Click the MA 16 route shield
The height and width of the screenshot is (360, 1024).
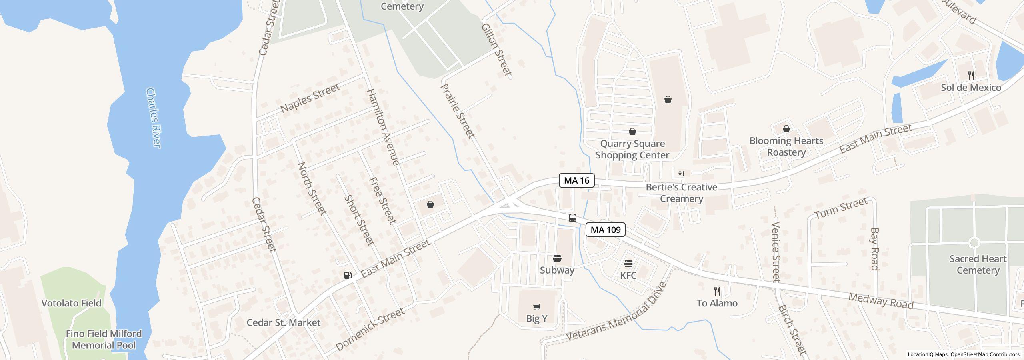576,180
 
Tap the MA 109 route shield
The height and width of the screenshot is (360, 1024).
605,230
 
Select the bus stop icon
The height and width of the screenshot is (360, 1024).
573,218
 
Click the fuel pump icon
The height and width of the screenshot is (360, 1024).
348,275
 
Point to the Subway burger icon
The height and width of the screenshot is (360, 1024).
557,258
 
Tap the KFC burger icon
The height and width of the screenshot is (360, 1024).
628,264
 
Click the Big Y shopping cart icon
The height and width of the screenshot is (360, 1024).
537,307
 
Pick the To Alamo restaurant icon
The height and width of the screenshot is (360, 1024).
717,291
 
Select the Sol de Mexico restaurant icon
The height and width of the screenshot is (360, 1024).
971,75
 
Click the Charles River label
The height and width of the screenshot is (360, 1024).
154,118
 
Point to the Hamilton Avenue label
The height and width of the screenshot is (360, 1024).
383,127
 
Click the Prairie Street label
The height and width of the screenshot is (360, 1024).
458,111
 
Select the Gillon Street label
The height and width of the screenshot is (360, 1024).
496,50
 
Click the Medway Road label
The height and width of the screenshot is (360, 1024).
881,301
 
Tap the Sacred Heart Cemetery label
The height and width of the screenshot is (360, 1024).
978,264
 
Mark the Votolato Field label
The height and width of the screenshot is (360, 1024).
71,303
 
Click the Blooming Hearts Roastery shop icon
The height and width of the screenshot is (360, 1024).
786,129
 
